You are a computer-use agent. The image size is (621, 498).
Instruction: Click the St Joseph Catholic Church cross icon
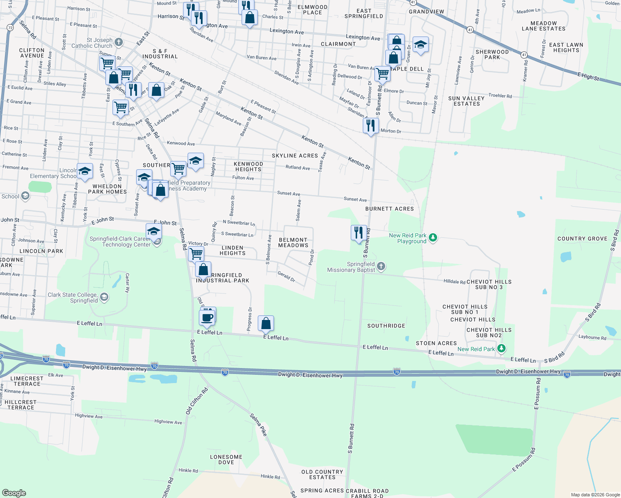pyautogui.click(x=119, y=42)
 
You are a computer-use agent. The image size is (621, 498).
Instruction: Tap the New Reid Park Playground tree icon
pyautogui.click(x=433, y=237)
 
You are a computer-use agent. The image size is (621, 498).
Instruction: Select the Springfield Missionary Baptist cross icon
pyautogui.click(x=381, y=266)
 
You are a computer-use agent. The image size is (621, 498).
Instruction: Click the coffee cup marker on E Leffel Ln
pyautogui.click(x=207, y=317)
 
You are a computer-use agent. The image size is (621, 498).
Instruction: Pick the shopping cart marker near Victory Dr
pyautogui.click(x=196, y=253)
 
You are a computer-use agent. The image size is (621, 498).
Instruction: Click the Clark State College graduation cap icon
pyautogui.click(x=104, y=297)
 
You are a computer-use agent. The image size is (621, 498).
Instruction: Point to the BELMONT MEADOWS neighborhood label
pyautogui.click(x=293, y=243)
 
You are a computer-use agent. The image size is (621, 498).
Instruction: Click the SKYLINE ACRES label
pyautogui.click(x=295, y=156)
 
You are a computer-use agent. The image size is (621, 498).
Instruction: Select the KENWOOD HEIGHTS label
pyautogui.click(x=248, y=166)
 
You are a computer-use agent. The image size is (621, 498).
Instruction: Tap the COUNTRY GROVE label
pyautogui.click(x=582, y=239)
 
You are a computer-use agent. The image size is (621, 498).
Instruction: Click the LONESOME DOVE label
pyautogui.click(x=226, y=459)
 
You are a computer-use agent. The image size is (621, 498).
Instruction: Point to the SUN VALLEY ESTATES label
pyautogui.click(x=467, y=101)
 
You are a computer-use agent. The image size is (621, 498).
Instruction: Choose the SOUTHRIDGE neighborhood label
pyautogui.click(x=386, y=326)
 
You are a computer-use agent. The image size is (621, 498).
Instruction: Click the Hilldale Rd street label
pyautogui.click(x=454, y=281)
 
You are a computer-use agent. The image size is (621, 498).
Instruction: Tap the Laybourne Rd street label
pyautogui.click(x=592, y=337)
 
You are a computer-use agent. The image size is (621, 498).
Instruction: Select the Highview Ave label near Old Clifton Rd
pyautogui.click(x=168, y=422)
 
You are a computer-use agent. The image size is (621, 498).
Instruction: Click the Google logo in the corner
pyautogui.click(x=14, y=493)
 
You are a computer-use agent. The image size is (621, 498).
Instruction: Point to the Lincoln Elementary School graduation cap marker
pyautogui.click(x=85, y=171)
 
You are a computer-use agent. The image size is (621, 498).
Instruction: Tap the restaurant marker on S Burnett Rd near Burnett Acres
pyautogui.click(x=358, y=232)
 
